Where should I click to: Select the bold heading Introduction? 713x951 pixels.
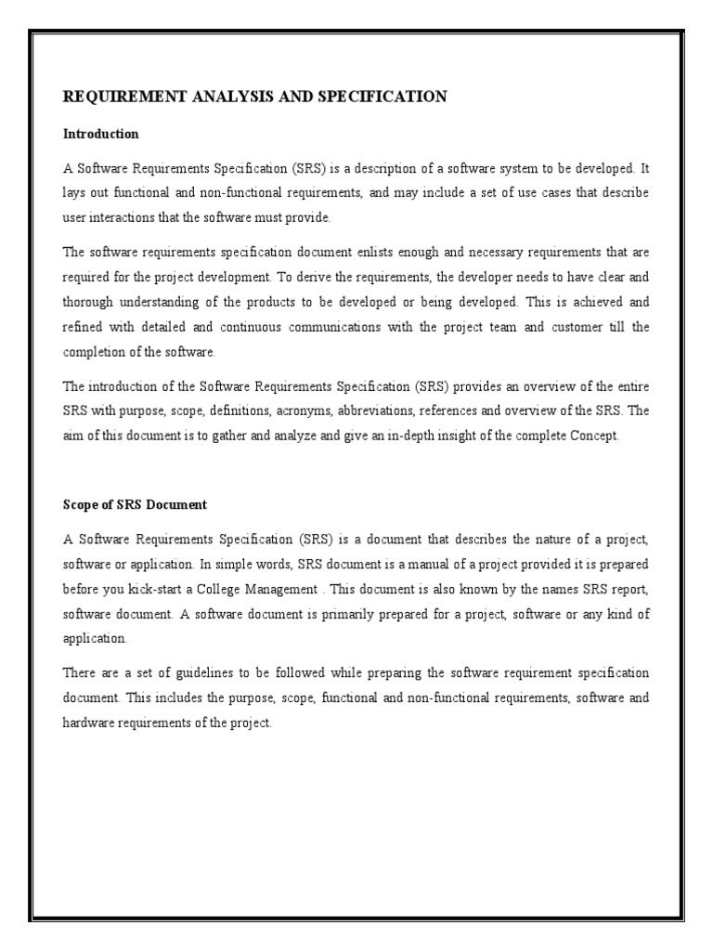(x=100, y=134)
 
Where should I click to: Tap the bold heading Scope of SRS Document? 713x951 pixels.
(x=135, y=505)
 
